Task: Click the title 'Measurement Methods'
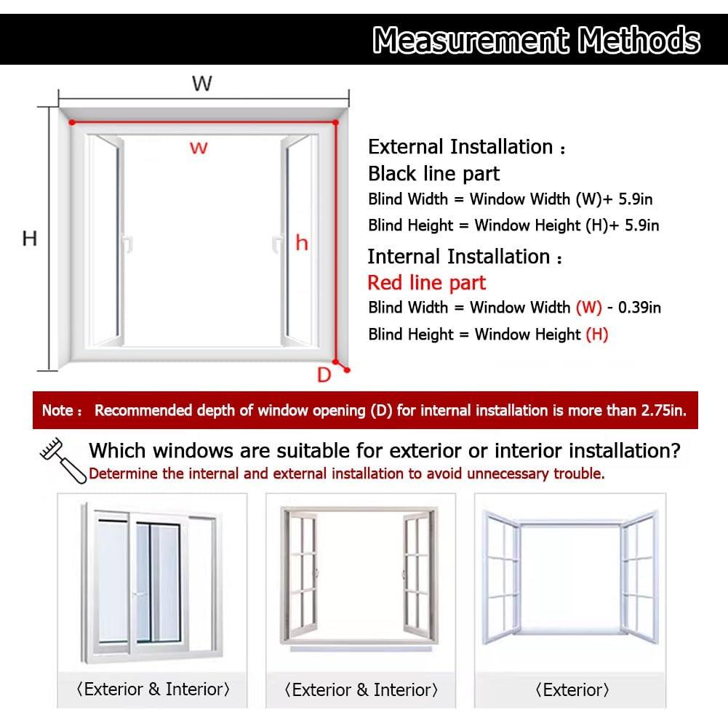click(x=536, y=40)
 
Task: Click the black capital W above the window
click(x=201, y=84)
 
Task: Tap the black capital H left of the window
click(x=29, y=239)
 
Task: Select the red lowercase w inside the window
click(x=199, y=148)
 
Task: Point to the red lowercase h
click(x=301, y=244)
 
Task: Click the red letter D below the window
click(x=324, y=375)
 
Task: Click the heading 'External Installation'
click(x=460, y=147)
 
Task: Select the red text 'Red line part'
click(x=426, y=283)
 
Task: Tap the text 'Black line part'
click(x=433, y=174)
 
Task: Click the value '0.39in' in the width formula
click(x=639, y=308)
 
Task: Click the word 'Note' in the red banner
click(x=57, y=411)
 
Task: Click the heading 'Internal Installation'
click(x=459, y=257)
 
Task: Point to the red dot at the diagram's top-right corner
click(x=335, y=123)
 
